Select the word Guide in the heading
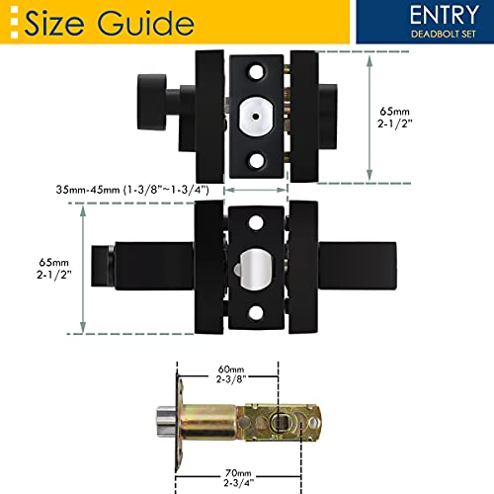[147, 21]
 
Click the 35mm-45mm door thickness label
[134, 188]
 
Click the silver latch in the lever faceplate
[254, 268]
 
